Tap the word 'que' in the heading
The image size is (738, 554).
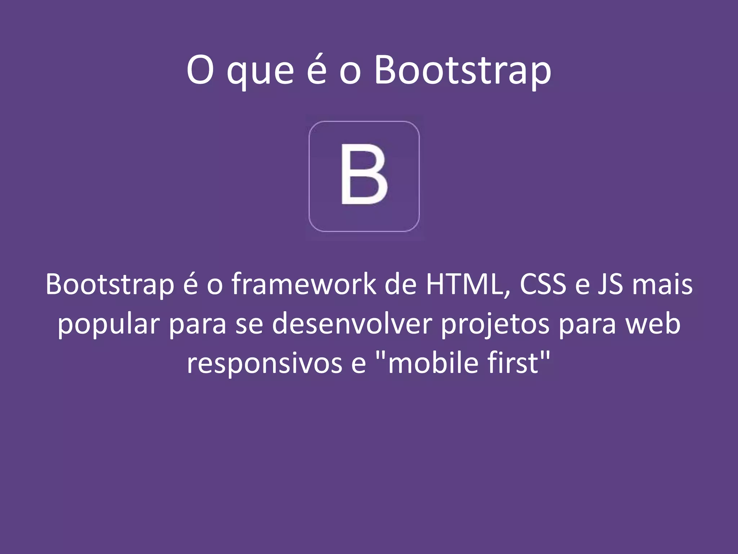260,72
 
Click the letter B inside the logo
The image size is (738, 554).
364,175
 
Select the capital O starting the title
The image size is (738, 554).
200,70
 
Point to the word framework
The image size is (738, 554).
304,285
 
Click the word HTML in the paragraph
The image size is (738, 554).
468,285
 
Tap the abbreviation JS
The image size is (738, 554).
610,285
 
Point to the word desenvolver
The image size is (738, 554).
352,324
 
